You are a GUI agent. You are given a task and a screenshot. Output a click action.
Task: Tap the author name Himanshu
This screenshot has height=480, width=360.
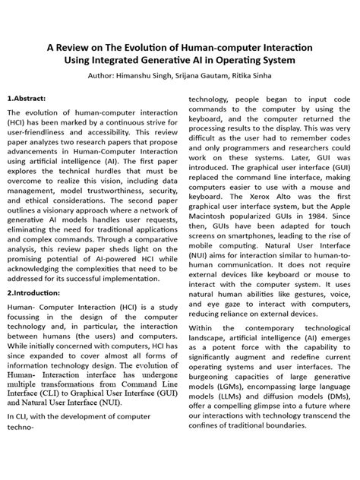141,76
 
